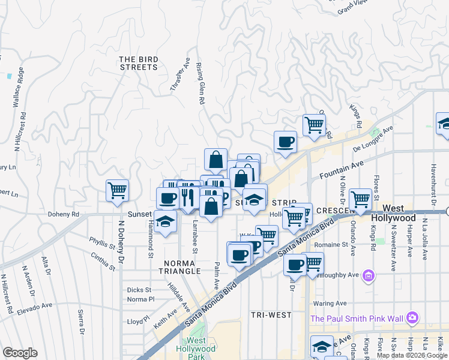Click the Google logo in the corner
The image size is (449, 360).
pos(20,353)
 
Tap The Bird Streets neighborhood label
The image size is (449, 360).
pos(138,63)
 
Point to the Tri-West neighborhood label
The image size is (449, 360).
pos(271,314)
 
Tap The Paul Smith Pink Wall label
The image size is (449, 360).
pos(357,317)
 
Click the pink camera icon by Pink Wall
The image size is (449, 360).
pos(412,317)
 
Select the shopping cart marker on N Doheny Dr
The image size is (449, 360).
pos(117,190)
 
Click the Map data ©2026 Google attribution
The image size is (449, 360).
pos(412,355)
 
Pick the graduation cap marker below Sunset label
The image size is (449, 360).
pos(165,221)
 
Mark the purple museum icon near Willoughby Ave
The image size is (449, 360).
pos(368,276)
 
